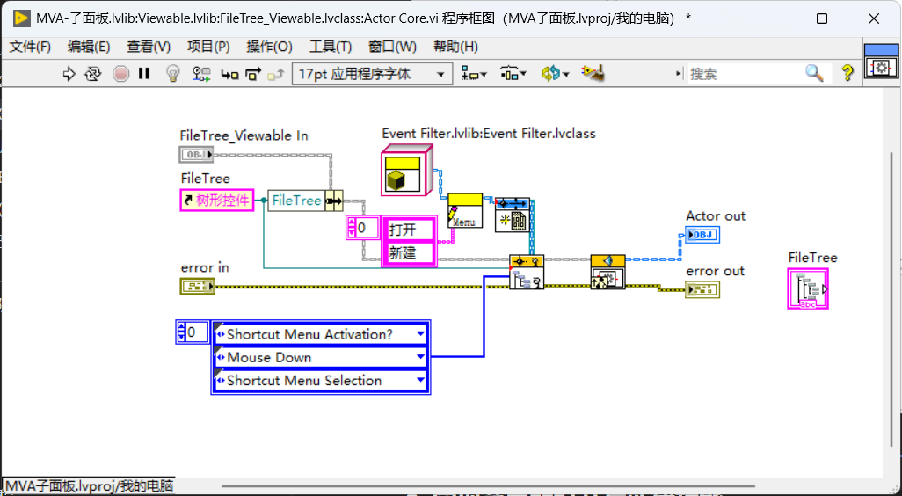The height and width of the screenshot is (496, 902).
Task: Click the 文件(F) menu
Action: [30, 47]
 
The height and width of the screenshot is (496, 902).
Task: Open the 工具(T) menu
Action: [331, 47]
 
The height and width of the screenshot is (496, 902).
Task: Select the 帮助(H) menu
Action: [455, 47]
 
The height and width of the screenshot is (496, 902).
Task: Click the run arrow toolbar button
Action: [69, 74]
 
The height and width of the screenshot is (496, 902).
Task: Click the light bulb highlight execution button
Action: [172, 74]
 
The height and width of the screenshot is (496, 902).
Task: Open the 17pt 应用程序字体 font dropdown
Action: [372, 74]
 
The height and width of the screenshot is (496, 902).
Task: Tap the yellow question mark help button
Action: [847, 73]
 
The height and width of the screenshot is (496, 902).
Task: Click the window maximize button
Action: [822, 18]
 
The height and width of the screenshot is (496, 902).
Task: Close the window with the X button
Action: [874, 18]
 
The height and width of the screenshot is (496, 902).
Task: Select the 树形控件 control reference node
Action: [217, 201]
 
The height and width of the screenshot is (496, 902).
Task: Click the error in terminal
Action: [197, 286]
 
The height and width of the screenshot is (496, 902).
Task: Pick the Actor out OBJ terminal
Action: [702, 235]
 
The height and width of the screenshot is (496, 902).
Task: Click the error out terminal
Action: [702, 289]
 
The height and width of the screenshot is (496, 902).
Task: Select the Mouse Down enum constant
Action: [321, 357]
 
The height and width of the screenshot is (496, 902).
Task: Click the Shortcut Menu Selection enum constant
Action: [321, 380]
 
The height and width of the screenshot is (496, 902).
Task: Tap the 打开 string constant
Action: [409, 230]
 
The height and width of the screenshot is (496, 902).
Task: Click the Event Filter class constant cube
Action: [407, 171]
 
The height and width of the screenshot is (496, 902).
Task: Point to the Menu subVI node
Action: [465, 210]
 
